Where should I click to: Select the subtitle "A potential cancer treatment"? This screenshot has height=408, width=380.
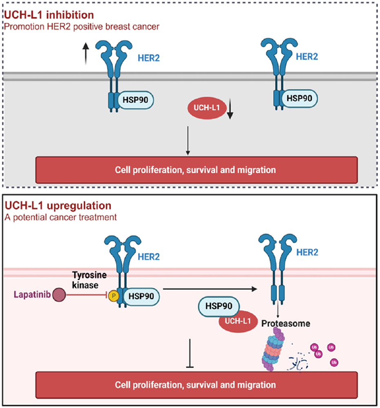coord(60,217)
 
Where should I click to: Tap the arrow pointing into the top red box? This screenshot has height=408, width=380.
coord(188,140)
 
